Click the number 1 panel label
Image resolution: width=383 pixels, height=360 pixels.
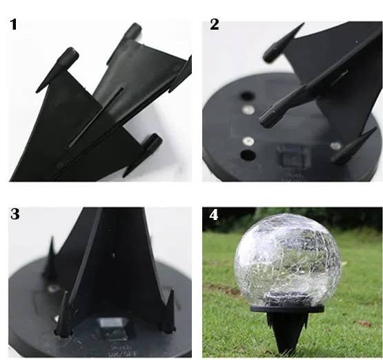tap(14, 26)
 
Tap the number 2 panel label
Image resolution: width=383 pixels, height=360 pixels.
tap(215, 25)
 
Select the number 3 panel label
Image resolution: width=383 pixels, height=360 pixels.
tap(15, 214)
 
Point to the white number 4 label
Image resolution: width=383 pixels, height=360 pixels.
tap(214, 214)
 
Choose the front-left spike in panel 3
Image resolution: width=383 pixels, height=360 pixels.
tap(63, 314)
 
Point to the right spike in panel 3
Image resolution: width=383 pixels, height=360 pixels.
tap(168, 314)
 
